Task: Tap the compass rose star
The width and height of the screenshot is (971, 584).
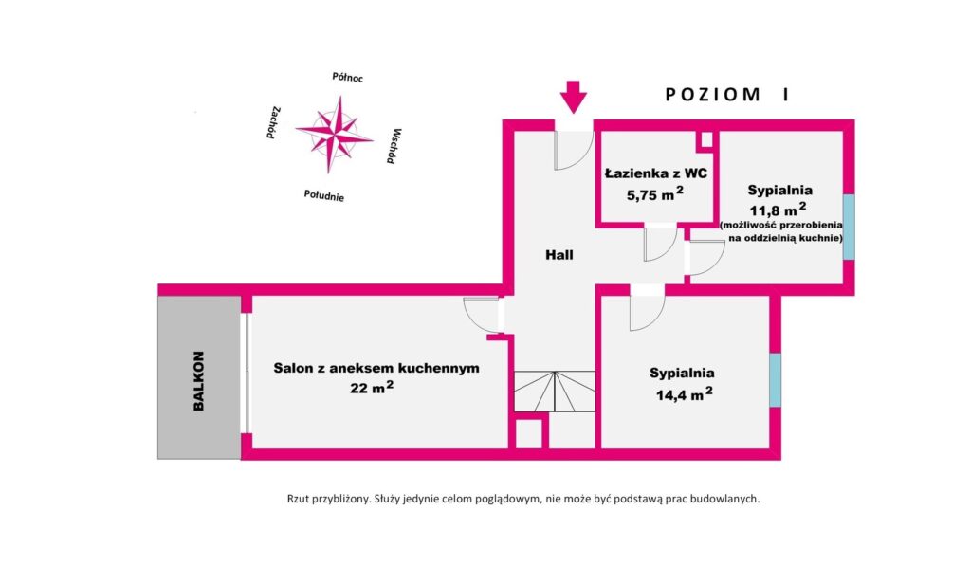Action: point(333,134)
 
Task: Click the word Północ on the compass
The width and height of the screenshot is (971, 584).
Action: point(348,78)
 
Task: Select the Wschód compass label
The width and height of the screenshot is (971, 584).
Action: point(396,146)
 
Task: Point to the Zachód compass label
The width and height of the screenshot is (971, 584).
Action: point(272,122)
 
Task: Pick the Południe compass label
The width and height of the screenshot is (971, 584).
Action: point(323,196)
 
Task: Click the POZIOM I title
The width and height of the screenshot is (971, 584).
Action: point(726,94)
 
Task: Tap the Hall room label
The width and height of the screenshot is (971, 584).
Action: point(559,254)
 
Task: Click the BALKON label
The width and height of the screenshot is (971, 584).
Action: point(199,381)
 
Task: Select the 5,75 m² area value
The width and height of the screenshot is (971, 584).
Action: point(654,195)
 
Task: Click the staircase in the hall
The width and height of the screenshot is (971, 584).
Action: point(554,391)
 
